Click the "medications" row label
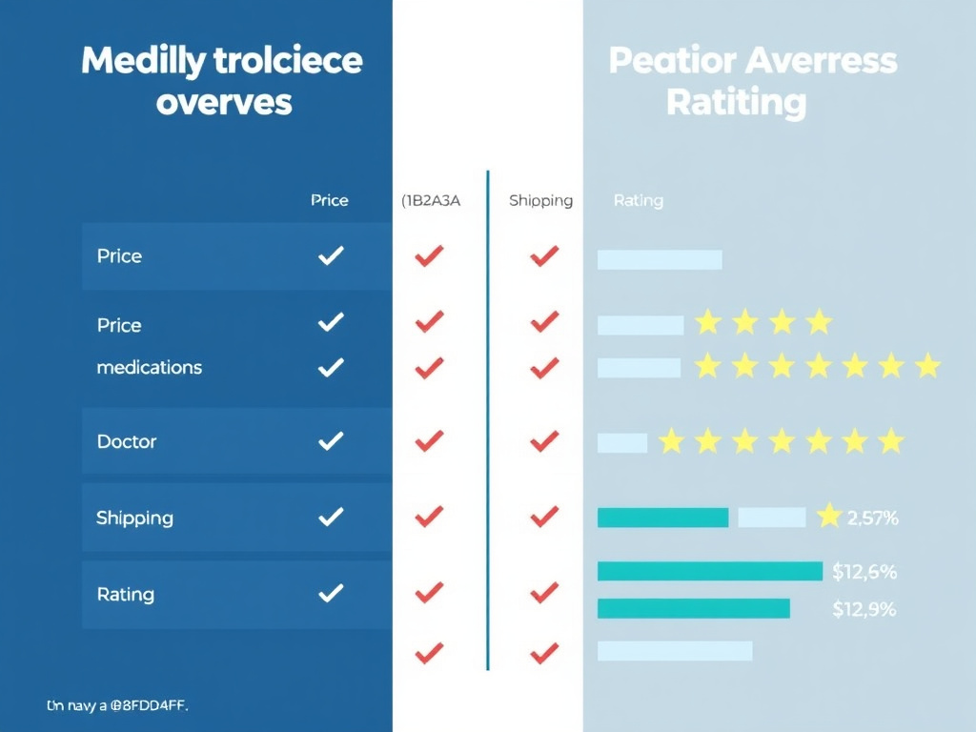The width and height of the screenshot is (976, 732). (x=149, y=367)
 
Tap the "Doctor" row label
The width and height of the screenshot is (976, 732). (x=127, y=441)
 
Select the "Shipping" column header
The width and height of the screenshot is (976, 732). (x=540, y=200)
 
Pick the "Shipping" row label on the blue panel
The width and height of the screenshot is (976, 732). (x=134, y=518)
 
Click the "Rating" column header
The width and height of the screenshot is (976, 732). (x=638, y=200)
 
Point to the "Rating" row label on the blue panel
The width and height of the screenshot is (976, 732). (x=125, y=594)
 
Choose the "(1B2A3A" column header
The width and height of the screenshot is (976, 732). (x=431, y=200)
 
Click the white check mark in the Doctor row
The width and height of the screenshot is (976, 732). (x=330, y=440)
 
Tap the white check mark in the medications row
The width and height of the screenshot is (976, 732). (x=330, y=366)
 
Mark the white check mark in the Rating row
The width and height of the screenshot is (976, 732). (x=330, y=593)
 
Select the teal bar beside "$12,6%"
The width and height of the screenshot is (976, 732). (x=709, y=571)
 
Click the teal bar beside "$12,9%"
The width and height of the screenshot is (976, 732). (x=693, y=608)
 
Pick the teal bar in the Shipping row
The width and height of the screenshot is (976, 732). (x=662, y=518)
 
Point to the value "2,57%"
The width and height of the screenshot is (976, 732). (x=872, y=518)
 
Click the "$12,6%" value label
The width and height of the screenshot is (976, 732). (x=864, y=572)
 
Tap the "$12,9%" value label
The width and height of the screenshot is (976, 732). (x=864, y=609)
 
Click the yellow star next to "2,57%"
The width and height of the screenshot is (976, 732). (x=829, y=516)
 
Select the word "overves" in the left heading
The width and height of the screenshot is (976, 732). (x=224, y=102)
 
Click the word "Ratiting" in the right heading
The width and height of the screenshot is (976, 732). (x=736, y=101)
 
